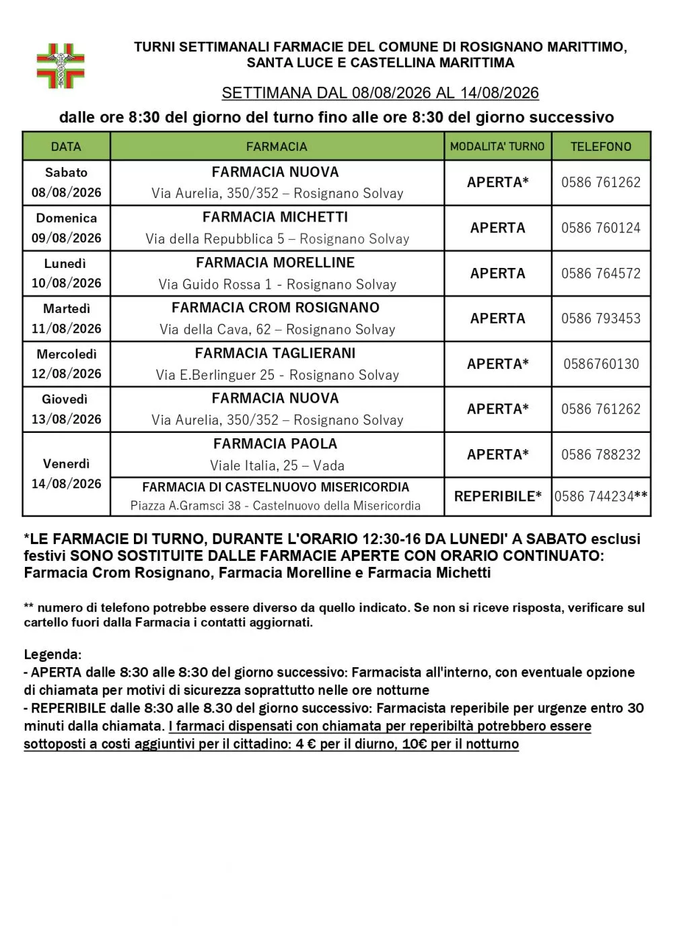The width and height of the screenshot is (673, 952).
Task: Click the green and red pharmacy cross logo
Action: (61, 66)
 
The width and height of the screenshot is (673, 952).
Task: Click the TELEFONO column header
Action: (601, 146)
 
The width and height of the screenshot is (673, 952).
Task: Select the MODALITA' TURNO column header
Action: (497, 146)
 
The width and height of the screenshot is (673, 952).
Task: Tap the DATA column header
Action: (66, 146)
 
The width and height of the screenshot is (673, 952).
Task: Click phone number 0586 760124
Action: (601, 228)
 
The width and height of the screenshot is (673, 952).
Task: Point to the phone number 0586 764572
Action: (601, 273)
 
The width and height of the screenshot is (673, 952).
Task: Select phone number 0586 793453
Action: (601, 318)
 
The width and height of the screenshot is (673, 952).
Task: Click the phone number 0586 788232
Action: (601, 454)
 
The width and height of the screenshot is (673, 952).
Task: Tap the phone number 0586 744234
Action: (594, 497)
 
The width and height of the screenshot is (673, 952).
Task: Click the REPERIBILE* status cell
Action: (497, 497)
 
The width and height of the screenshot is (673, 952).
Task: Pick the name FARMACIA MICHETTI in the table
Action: (275, 217)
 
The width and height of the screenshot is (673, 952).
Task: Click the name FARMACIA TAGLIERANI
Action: (275, 353)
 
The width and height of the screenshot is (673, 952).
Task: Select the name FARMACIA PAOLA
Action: (275, 444)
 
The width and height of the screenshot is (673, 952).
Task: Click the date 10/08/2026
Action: (66, 283)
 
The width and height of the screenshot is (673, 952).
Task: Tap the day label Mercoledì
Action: (66, 354)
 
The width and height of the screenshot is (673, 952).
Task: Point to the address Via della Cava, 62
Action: (215, 330)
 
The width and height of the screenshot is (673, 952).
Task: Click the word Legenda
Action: (52, 654)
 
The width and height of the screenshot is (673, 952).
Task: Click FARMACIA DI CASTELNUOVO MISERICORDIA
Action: (275, 487)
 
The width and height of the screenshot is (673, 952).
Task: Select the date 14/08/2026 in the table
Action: (66, 484)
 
